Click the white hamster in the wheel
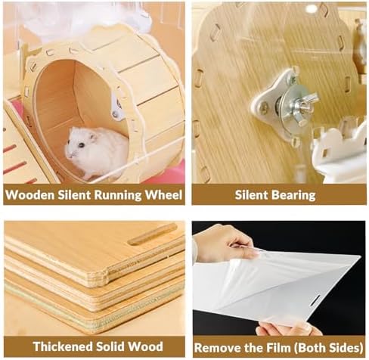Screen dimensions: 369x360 click(x=97, y=152)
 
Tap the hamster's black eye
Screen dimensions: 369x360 click(x=82, y=145)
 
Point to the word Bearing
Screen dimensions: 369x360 click(x=293, y=195)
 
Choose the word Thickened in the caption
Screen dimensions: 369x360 click(x=63, y=346)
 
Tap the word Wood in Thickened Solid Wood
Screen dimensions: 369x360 click(x=145, y=346)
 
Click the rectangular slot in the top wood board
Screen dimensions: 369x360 click(x=152, y=234)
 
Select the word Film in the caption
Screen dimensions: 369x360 click(x=278, y=348)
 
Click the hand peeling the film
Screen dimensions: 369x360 click(x=225, y=244)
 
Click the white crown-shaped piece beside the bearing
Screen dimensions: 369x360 click(x=339, y=151)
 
